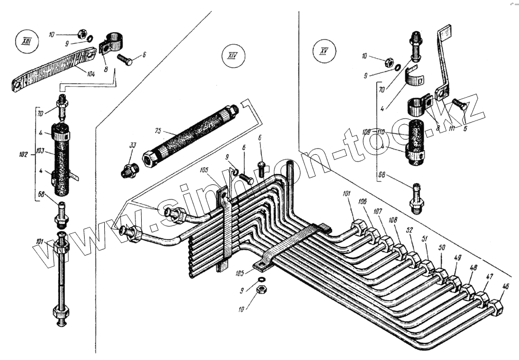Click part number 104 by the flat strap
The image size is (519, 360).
[x=91, y=75]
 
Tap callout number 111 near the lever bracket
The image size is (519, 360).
[x=452, y=128]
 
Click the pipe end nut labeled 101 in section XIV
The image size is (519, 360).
[x=358, y=227]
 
